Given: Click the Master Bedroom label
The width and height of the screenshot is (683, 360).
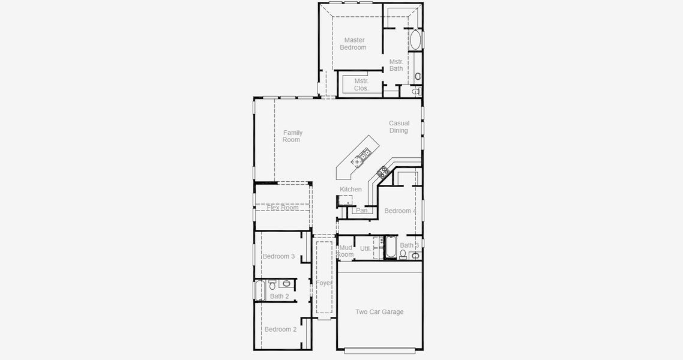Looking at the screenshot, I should coord(354,44).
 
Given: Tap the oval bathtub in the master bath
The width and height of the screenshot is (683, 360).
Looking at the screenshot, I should coord(415,40).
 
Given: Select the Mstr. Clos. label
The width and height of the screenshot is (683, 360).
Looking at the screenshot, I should coord(361,85).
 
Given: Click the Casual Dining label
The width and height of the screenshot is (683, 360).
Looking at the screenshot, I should coord(399,127).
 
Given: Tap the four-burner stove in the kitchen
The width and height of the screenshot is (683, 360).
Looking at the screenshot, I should coord(382,173).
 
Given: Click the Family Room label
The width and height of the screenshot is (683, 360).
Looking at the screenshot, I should coord(292,136).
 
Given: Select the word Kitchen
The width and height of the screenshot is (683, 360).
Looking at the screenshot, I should coord(351,190).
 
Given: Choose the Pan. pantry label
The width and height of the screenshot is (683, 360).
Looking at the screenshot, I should coord(362,211).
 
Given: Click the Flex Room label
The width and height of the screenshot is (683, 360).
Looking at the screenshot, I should coord(283,208).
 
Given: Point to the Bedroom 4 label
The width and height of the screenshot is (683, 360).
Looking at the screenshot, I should coord(400,211).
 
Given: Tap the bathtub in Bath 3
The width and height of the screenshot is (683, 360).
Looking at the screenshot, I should coord(390,248).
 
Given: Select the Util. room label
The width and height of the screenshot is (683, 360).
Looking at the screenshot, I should coord(365,248).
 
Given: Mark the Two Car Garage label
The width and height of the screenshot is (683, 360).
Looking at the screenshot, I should coord(379,312).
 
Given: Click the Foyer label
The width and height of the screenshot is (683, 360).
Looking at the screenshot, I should coord(324,283).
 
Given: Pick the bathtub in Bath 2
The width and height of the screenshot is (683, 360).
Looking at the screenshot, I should coord(260,292).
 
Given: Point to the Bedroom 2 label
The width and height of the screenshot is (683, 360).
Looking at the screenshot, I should coord(280,329).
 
